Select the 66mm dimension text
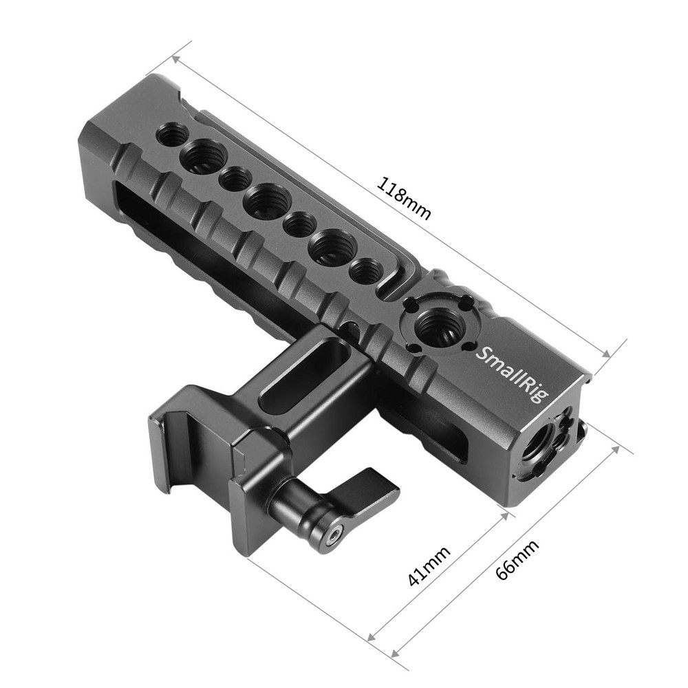tap(517, 559)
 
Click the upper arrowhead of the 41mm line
tap(504, 514)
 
